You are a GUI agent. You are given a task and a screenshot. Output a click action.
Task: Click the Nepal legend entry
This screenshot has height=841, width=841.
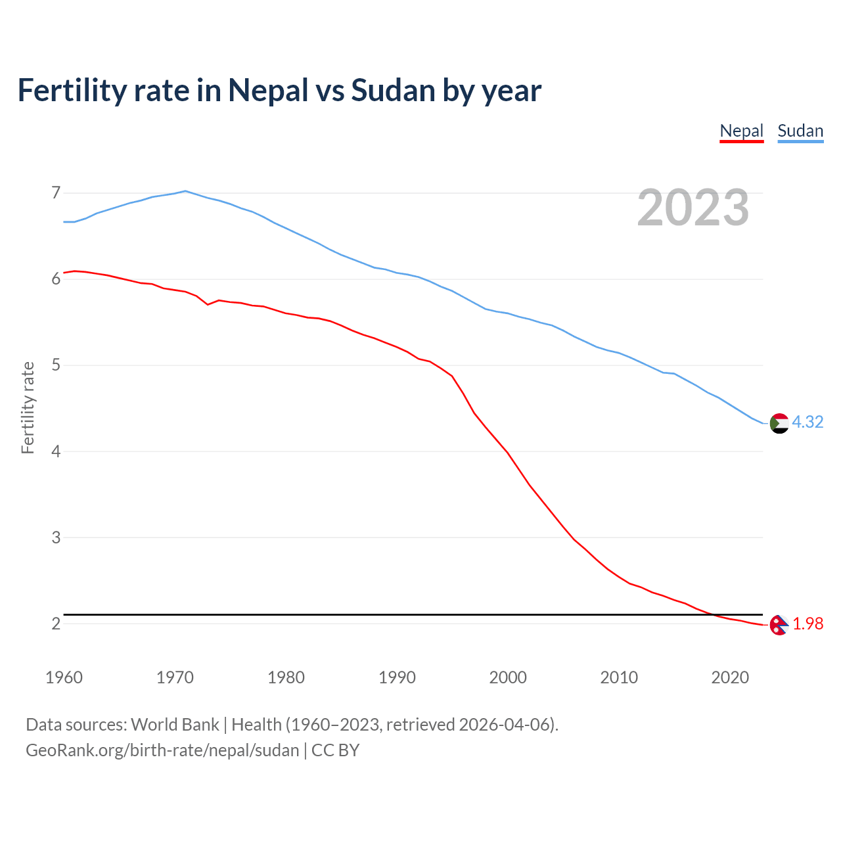pyautogui.click(x=741, y=131)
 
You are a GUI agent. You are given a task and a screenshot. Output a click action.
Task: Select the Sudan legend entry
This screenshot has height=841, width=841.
pyautogui.click(x=800, y=131)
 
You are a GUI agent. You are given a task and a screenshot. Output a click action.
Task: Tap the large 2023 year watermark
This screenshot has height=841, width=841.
pyautogui.click(x=693, y=208)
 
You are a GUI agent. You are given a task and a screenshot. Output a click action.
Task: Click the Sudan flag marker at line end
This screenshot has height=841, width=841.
pyautogui.click(x=779, y=423)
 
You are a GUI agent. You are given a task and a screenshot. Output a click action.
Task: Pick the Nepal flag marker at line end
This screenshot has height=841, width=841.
pyautogui.click(x=779, y=625)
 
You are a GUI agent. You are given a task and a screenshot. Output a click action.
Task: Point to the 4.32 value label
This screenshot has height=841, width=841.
pyautogui.click(x=807, y=422)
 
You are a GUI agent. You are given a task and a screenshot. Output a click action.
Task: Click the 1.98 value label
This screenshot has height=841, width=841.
pyautogui.click(x=807, y=624)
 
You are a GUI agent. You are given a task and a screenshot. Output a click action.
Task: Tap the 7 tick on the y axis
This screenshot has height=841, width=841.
pyautogui.click(x=56, y=193)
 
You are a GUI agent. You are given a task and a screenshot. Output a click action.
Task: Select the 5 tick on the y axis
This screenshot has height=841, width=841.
pyautogui.click(x=56, y=365)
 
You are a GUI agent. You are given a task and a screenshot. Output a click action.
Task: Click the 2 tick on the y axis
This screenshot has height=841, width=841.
pyautogui.click(x=56, y=624)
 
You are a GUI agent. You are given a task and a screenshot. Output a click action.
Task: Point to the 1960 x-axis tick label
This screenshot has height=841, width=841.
pyautogui.click(x=64, y=677)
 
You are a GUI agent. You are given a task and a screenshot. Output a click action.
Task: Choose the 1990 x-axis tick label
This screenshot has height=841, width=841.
pyautogui.click(x=397, y=677)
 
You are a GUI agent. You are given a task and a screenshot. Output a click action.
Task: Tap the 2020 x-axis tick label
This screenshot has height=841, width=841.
pyautogui.click(x=730, y=677)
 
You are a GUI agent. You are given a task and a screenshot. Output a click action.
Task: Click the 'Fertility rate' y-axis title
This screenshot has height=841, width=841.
pyautogui.click(x=28, y=407)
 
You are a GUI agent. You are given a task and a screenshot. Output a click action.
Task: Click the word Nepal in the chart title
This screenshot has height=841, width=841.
pyautogui.click(x=268, y=90)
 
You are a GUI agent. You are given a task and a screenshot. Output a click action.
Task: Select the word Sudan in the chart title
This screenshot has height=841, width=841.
pyautogui.click(x=392, y=90)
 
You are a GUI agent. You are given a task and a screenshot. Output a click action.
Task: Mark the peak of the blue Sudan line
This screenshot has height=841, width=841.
pyautogui.click(x=185, y=191)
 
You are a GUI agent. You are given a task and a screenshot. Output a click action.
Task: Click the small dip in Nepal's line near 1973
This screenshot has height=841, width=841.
pyautogui.click(x=208, y=304)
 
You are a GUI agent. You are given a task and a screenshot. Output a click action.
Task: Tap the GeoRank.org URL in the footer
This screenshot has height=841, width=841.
pyautogui.click(x=162, y=750)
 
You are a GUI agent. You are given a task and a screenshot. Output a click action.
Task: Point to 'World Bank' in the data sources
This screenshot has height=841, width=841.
pyautogui.click(x=175, y=724)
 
